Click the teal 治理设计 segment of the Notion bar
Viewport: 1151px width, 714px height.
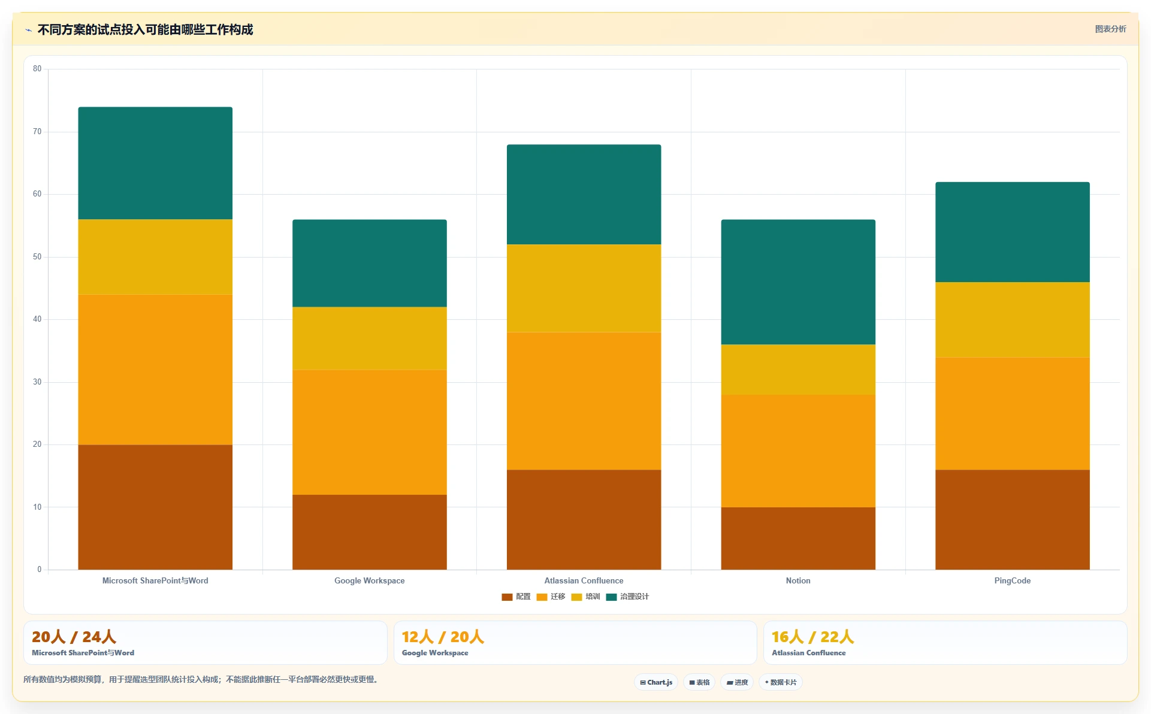[x=798, y=282]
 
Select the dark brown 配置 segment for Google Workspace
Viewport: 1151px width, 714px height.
[x=370, y=532]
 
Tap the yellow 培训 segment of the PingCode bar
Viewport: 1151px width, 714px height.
[x=1013, y=320]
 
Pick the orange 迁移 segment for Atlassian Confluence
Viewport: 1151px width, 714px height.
[x=584, y=401]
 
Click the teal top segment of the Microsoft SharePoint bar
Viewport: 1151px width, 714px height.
[x=155, y=164]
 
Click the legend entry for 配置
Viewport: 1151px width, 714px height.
[x=516, y=597]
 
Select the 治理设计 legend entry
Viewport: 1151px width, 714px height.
[x=627, y=597]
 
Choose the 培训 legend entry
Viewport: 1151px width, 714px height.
[x=585, y=597]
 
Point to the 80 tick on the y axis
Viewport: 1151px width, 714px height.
[x=37, y=69]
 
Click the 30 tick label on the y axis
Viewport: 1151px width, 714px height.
[x=37, y=382]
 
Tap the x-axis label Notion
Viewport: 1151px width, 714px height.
[x=798, y=580]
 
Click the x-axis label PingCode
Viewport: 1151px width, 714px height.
[x=1013, y=580]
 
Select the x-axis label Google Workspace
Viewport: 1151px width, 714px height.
[x=370, y=580]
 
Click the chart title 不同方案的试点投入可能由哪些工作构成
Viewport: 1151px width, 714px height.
[x=145, y=29]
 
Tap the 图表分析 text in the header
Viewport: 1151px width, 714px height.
[x=1110, y=29]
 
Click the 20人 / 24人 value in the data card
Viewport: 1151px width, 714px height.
[x=74, y=637]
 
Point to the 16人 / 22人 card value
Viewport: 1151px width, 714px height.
[x=812, y=637]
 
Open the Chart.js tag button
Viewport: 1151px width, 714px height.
[x=656, y=682]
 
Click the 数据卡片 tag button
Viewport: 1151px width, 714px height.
[x=780, y=682]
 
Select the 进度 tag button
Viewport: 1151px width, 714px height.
[x=737, y=682]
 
